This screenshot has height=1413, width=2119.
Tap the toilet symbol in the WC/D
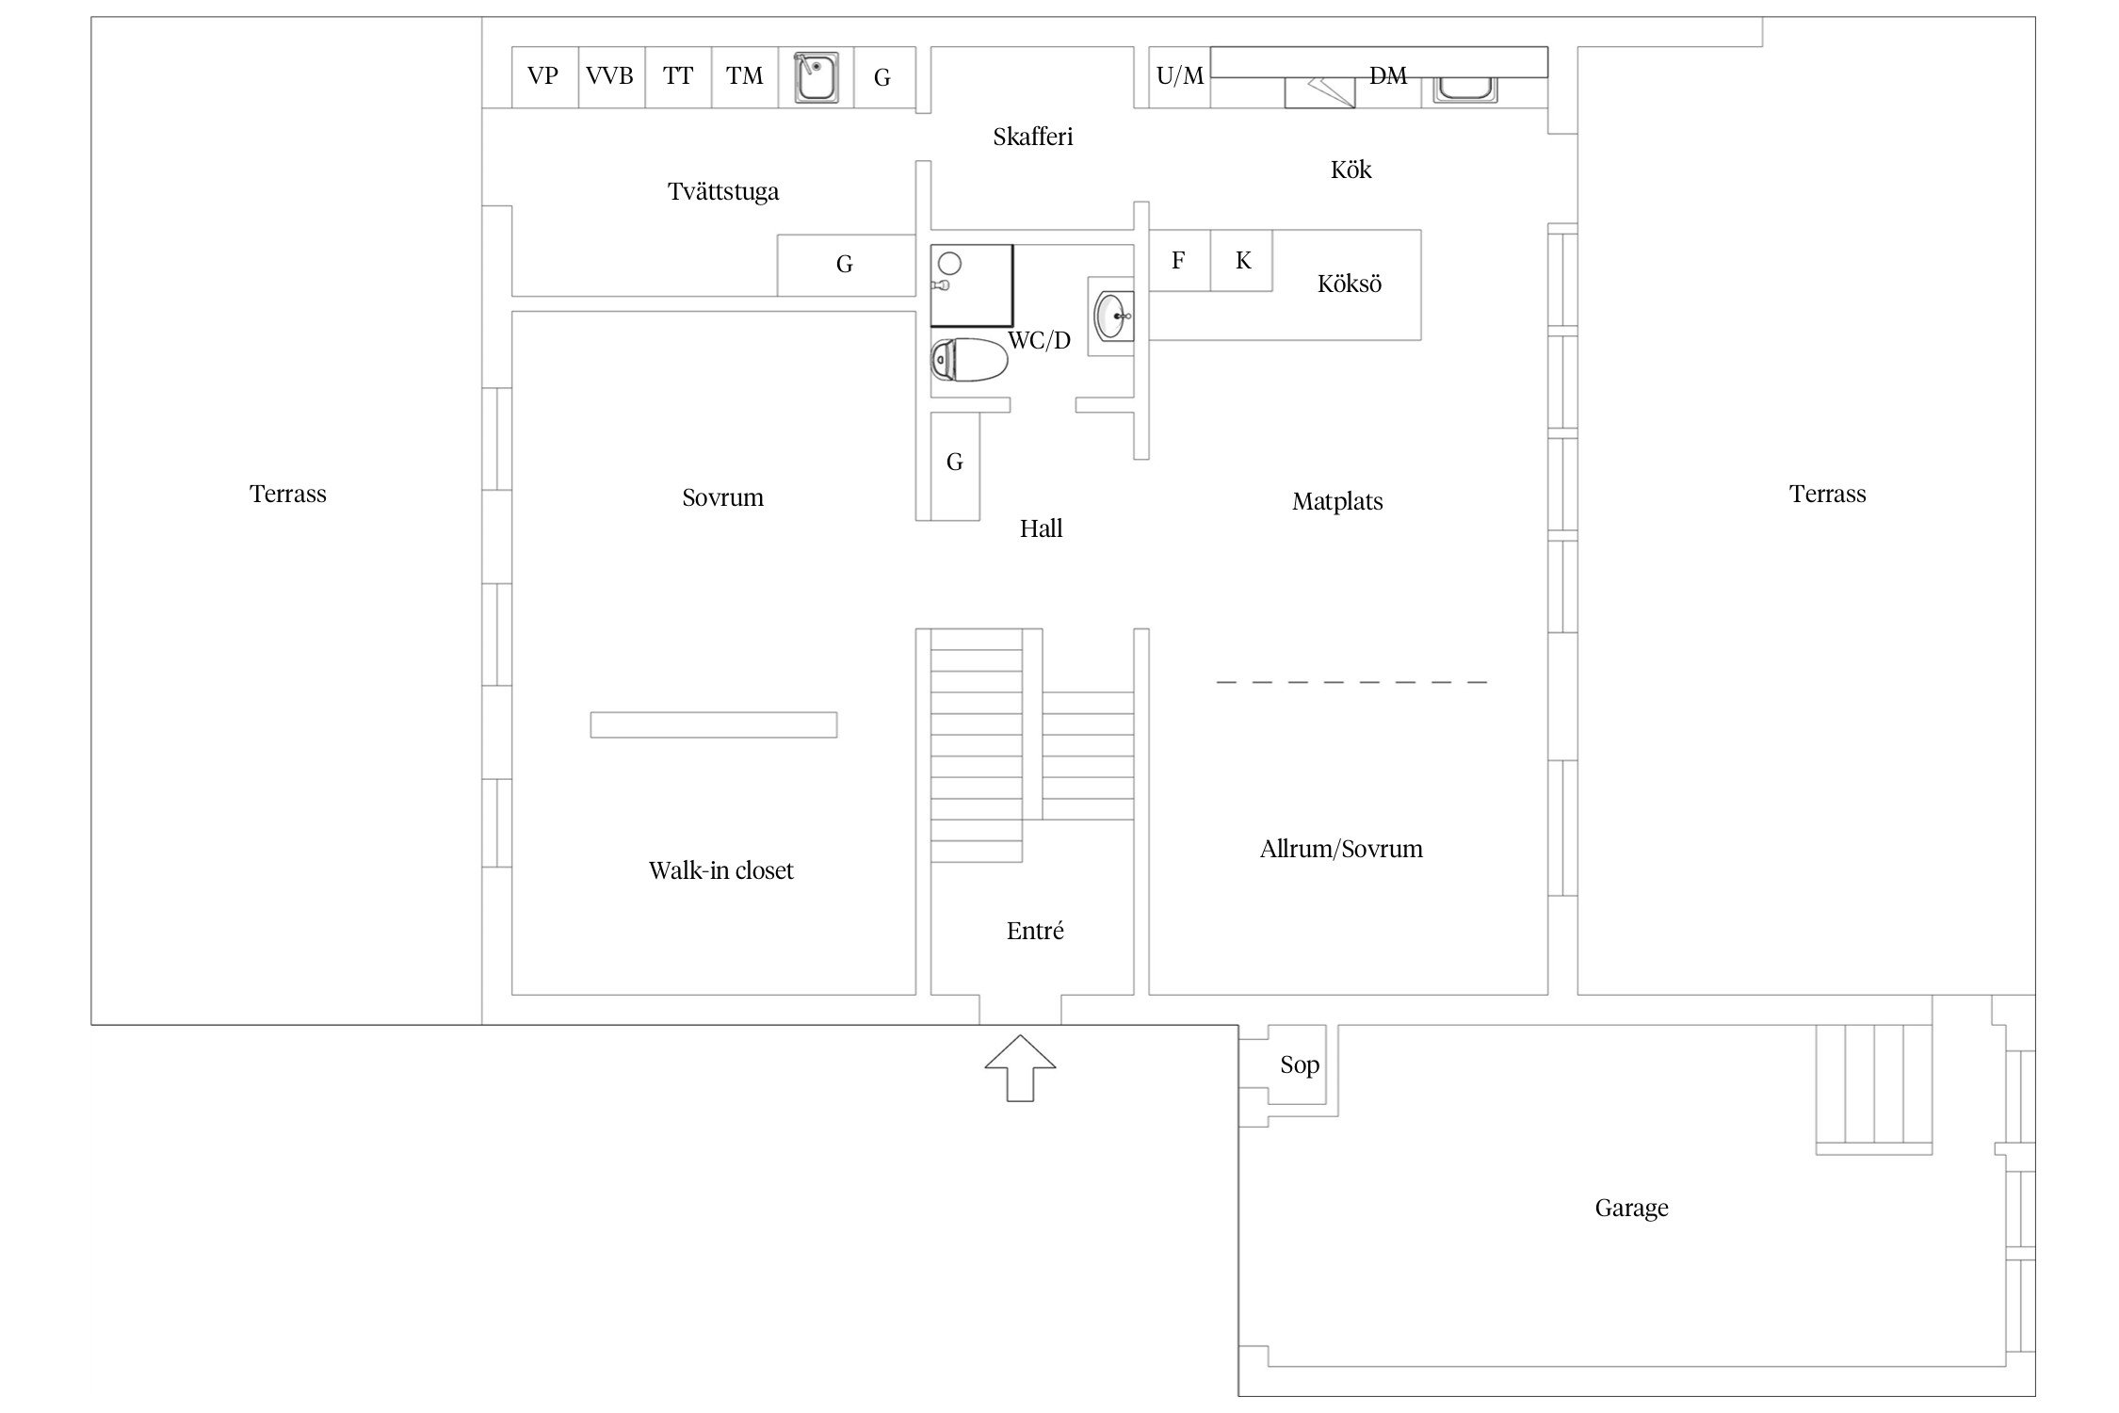click(969, 360)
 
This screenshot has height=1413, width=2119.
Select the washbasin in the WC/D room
click(1113, 317)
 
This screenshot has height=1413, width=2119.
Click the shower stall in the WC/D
click(971, 285)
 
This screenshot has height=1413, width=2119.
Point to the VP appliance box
click(543, 76)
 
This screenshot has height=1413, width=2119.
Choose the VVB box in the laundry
click(610, 76)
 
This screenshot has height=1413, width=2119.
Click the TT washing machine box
click(678, 76)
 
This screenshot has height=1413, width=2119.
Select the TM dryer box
click(744, 76)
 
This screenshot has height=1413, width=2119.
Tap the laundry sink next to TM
click(816, 77)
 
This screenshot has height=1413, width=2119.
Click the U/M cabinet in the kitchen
click(1179, 76)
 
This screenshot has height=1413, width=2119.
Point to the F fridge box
click(1178, 261)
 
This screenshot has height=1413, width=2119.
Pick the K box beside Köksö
click(1242, 261)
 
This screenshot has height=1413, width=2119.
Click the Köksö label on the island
click(1349, 284)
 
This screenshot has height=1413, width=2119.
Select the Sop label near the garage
click(1299, 1065)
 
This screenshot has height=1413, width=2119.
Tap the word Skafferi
click(1032, 138)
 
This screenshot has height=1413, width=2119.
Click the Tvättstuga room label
click(723, 192)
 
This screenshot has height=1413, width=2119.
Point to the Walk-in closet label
click(720, 870)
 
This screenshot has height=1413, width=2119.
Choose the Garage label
click(1631, 1209)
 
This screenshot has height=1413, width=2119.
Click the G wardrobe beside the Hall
click(954, 463)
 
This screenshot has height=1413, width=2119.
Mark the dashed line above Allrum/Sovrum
click(1351, 681)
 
